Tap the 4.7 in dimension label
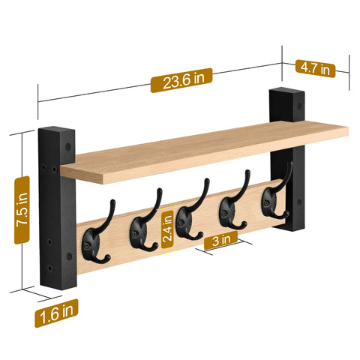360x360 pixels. tap(315, 68)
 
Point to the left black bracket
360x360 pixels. tap(55, 210)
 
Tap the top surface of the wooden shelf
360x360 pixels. tap(202, 146)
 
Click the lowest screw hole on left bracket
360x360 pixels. tap(50, 268)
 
